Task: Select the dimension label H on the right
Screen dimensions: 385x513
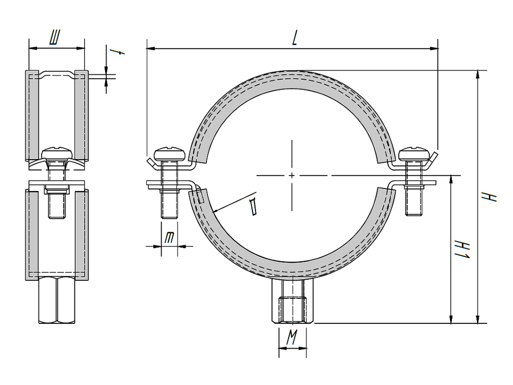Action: [491, 196]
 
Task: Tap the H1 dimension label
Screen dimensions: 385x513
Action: [463, 249]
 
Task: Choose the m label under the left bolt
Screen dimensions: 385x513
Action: [169, 238]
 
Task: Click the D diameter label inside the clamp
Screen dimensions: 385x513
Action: [252, 206]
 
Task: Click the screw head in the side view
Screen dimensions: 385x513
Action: [57, 152]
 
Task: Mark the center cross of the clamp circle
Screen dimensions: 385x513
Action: [292, 176]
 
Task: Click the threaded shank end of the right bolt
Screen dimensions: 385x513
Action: [414, 207]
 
